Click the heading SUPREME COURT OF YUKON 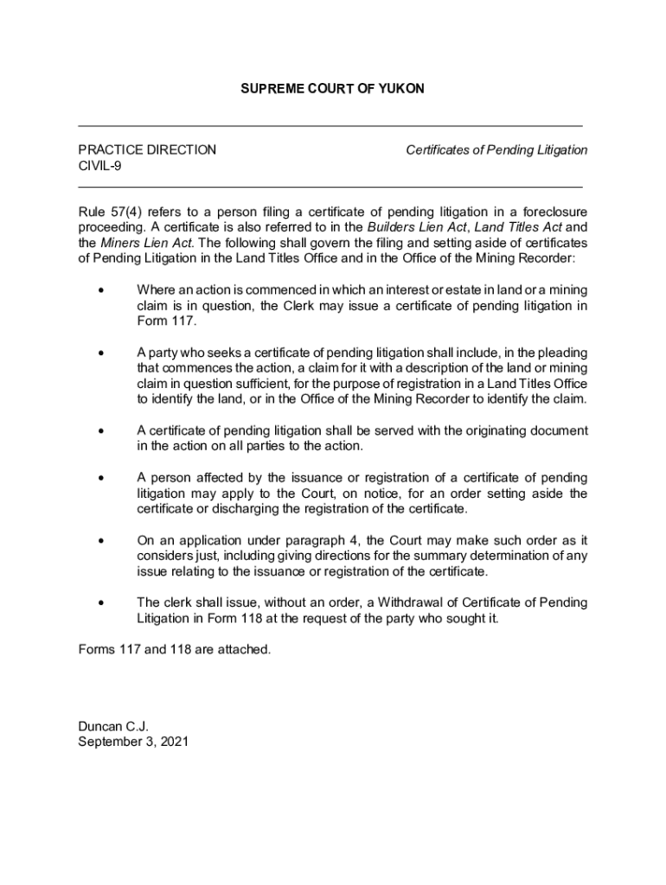(x=332, y=89)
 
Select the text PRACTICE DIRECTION (x=147, y=150)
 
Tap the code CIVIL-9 (x=99, y=166)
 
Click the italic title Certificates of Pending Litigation (x=496, y=150)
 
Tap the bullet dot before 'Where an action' (x=102, y=290)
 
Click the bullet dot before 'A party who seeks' (x=102, y=353)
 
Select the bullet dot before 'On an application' (x=102, y=541)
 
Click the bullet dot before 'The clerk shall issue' (x=102, y=603)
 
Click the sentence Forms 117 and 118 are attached (x=175, y=649)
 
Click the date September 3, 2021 (x=133, y=742)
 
